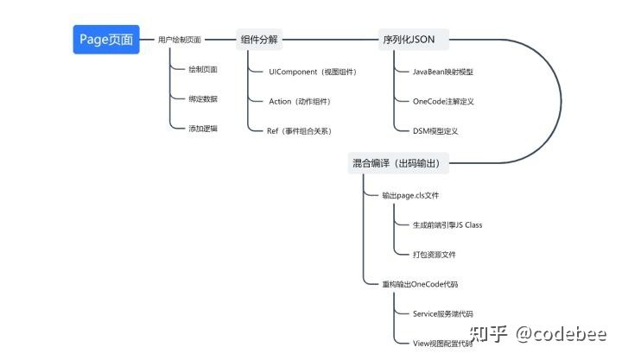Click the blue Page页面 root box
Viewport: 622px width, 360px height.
coord(105,40)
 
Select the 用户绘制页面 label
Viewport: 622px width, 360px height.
coord(180,40)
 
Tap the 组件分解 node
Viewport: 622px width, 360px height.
coord(260,40)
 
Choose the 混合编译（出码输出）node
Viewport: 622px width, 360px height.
coord(402,162)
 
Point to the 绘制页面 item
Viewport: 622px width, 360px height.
coord(203,69)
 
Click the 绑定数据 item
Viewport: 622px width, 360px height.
coord(203,98)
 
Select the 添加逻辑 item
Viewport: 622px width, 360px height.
coord(203,128)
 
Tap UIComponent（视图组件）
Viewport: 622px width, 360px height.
coord(312,72)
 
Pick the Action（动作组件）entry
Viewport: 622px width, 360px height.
coord(300,101)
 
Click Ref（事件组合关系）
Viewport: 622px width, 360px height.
coord(300,130)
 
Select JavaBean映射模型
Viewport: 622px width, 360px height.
coord(443,72)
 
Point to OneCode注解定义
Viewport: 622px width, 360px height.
coord(443,101)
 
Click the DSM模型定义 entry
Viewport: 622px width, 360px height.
coord(435,130)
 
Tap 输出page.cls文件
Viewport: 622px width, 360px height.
coord(410,195)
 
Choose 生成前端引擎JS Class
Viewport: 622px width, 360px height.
coord(447,224)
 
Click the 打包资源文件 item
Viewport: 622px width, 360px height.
coord(435,254)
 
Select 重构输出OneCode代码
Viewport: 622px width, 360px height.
coord(420,283)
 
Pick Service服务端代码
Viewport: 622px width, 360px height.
coord(443,313)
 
